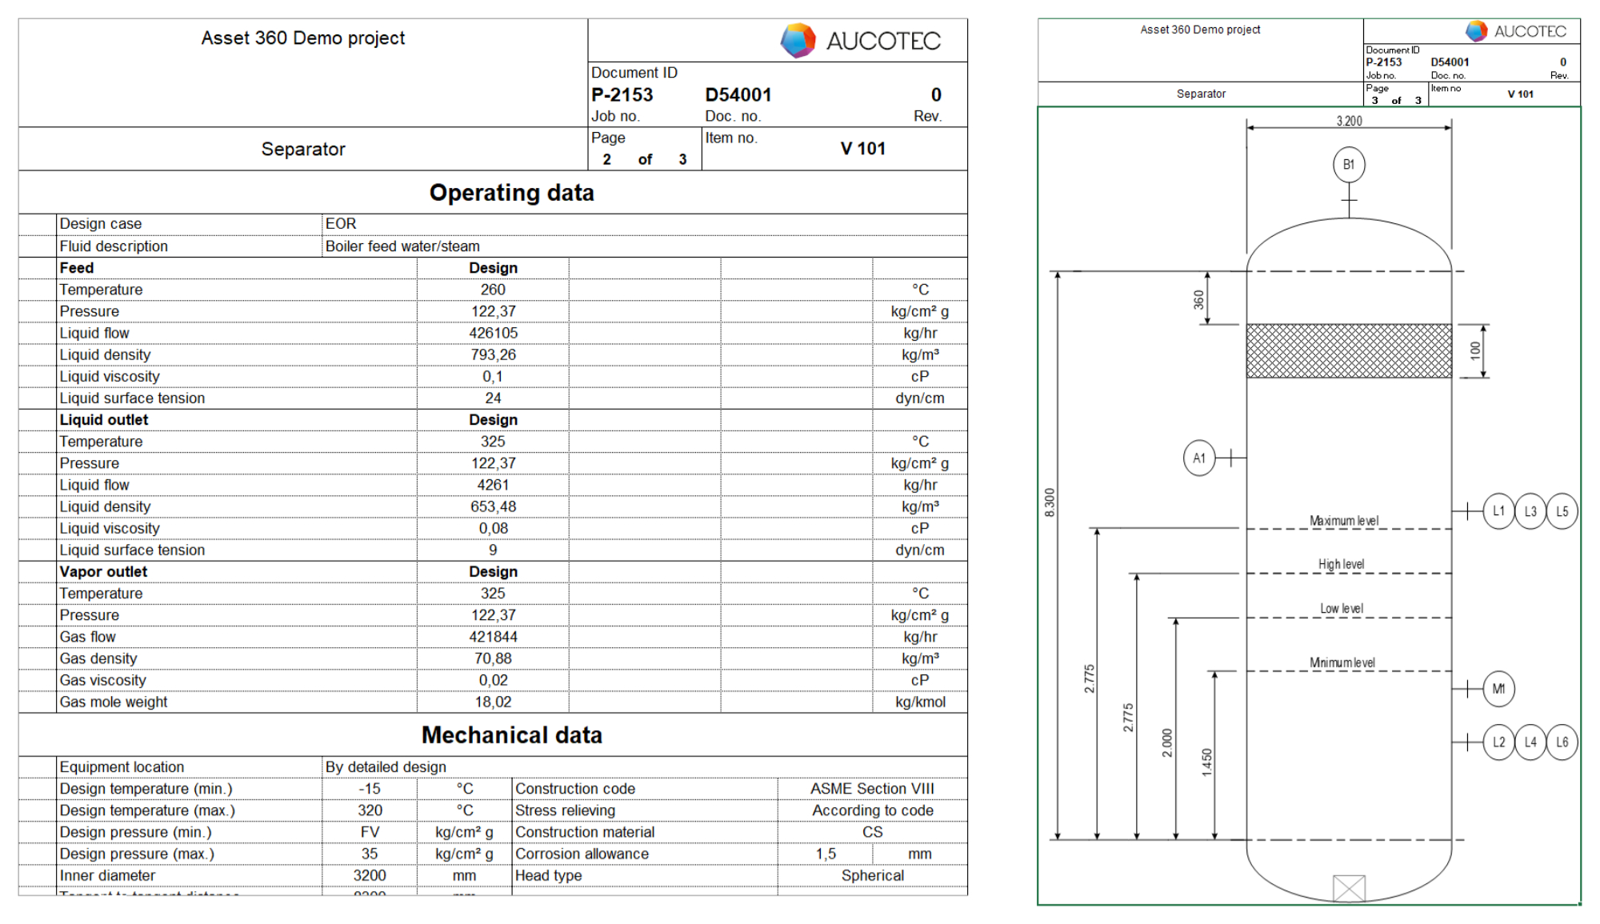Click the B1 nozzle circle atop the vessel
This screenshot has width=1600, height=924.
1349,165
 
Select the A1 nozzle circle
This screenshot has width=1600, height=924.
1198,458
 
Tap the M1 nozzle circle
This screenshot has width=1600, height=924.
1498,689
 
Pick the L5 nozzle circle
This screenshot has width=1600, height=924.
1562,511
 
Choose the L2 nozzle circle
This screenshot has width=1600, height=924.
1498,742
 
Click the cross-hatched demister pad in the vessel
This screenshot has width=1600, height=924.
1349,350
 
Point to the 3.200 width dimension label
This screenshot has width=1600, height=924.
1349,121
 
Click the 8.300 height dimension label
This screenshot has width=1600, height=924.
1050,502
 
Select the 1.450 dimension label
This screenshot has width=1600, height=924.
1206,762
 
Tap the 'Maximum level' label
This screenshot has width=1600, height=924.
1344,521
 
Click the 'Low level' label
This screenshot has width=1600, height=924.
1342,609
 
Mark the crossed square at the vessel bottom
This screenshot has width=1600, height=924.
1349,888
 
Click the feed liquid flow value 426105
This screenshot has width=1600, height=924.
493,333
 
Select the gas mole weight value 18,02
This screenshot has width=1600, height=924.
493,702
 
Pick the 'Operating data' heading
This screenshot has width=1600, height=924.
511,193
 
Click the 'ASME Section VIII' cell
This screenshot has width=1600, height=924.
872,789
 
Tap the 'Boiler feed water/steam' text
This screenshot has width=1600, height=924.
402,246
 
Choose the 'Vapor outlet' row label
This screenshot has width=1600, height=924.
103,571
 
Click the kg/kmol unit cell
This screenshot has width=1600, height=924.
920,702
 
